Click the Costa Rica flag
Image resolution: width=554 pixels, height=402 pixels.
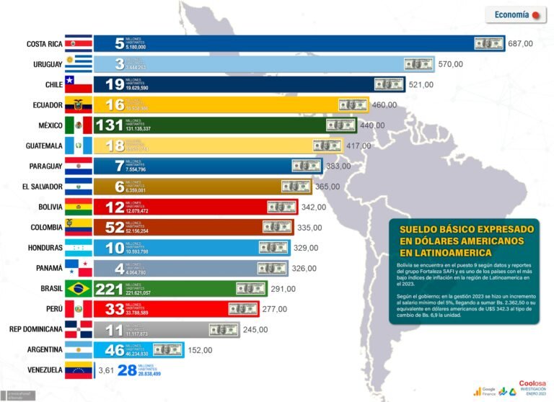pyautogui.click(x=78, y=44)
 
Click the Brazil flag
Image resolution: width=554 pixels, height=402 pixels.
pyautogui.click(x=78, y=288)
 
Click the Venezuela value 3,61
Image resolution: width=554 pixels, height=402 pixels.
pyautogui.click(x=107, y=370)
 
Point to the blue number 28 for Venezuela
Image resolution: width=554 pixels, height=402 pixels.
pyautogui.click(x=126, y=370)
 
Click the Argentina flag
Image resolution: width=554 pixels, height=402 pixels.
pyautogui.click(x=78, y=349)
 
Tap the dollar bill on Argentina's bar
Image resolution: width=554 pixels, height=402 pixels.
pyautogui.click(x=167, y=349)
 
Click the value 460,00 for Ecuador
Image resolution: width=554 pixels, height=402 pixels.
pyautogui.click(x=384, y=105)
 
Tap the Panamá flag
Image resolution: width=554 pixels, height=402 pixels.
pyautogui.click(x=78, y=268)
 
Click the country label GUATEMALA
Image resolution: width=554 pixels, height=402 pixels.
pyautogui.click(x=43, y=146)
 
